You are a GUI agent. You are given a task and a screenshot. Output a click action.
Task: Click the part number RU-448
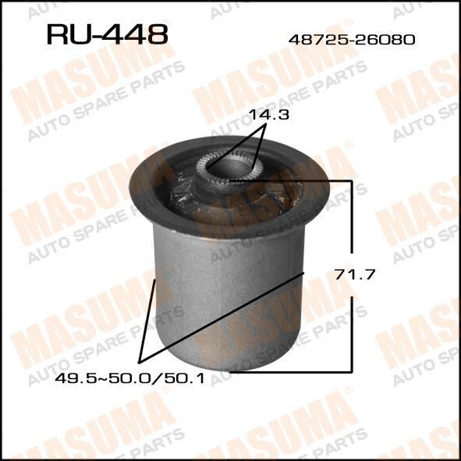[x=108, y=34]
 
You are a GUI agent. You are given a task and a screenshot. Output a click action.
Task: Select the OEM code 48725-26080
[x=352, y=40]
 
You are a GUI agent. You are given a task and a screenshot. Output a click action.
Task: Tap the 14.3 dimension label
[x=268, y=115]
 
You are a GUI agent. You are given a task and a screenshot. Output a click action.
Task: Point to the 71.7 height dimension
[x=355, y=275]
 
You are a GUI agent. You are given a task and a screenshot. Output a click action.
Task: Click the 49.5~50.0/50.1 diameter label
[x=129, y=378]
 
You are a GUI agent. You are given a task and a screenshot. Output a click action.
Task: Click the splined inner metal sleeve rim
[x=229, y=168]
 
